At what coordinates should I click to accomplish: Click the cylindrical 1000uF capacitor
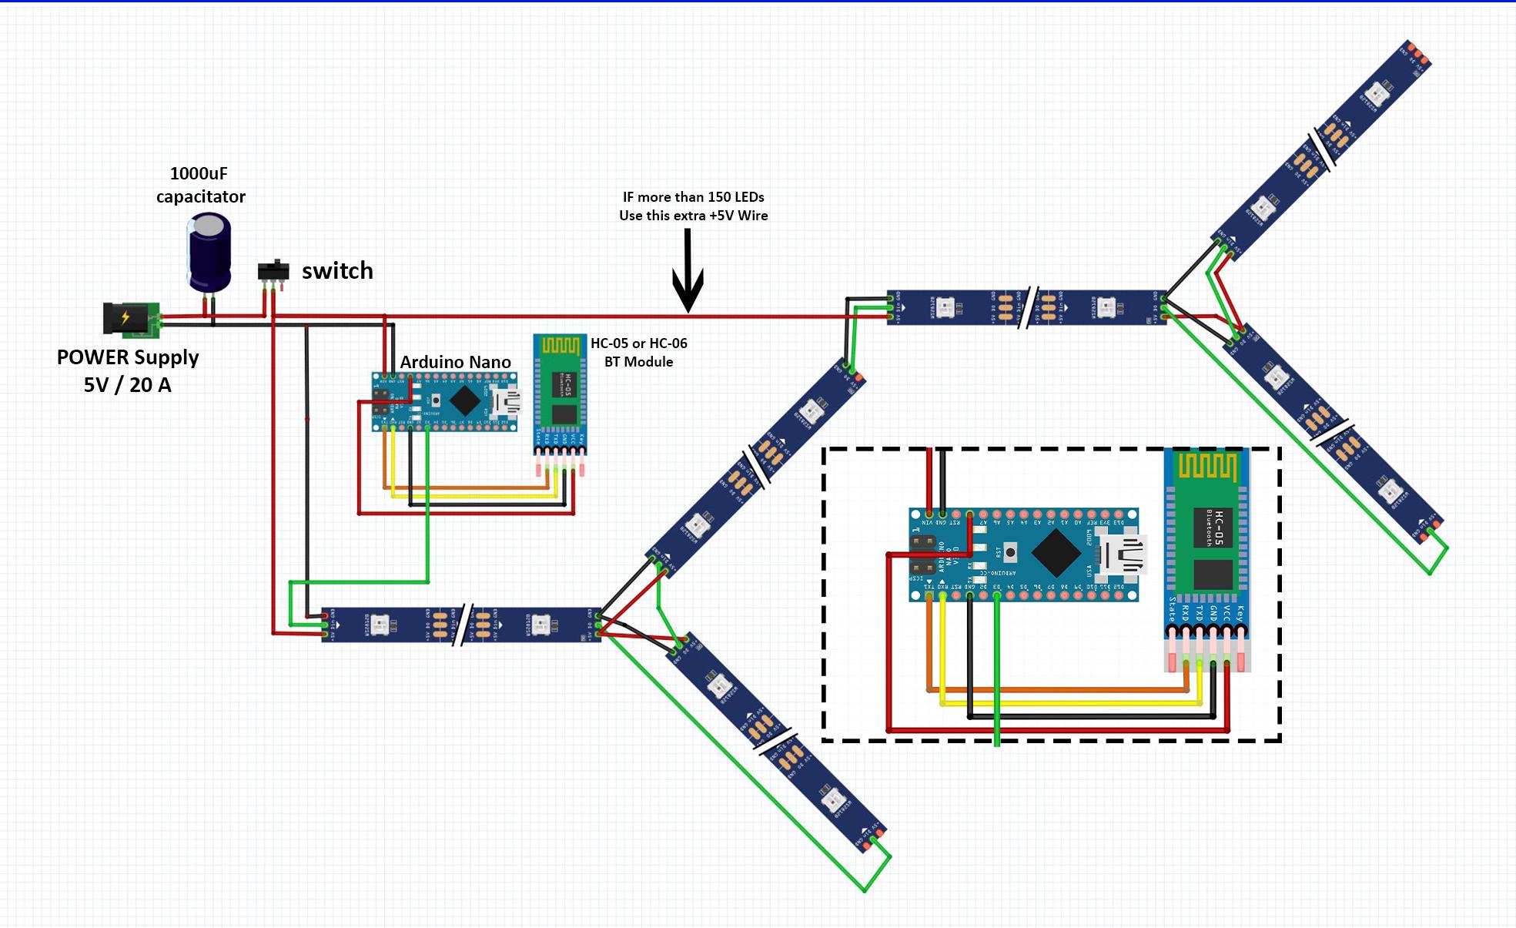209,253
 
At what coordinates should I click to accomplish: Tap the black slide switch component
273,271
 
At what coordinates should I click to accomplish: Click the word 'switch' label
337,271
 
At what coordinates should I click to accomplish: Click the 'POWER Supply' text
128,357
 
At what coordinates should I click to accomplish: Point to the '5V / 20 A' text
128,385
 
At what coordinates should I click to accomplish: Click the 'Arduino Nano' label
455,362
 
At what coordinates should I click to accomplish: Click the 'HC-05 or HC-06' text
638,343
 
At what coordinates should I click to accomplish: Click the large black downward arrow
688,273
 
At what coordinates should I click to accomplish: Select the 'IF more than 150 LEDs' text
693,197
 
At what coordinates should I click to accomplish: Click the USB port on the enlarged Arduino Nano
1125,554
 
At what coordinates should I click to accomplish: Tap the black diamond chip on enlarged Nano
1056,553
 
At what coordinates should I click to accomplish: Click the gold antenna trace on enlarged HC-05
1207,467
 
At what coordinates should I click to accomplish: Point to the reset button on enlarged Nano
1009,551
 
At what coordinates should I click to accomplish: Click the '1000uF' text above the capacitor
199,174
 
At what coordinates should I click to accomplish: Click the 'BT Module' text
638,362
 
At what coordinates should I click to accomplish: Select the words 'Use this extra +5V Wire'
693,216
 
